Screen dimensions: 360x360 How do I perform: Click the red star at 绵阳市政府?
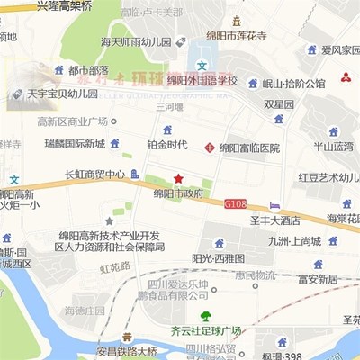178,178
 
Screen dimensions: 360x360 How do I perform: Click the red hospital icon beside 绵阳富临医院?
210,147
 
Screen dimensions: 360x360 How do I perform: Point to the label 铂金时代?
167,144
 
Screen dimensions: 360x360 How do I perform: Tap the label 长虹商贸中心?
94,175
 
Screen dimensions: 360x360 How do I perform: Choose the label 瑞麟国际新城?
75,144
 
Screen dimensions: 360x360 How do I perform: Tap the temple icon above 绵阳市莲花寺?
237,21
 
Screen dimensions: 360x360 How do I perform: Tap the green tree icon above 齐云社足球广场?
206,316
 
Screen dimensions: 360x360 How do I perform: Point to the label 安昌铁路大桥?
127,351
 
